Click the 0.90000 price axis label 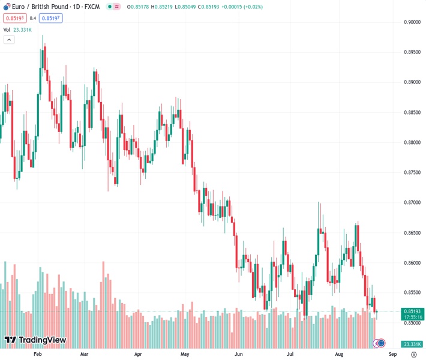[x=411, y=22]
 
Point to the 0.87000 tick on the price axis [x=411, y=202]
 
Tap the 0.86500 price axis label [x=411, y=232]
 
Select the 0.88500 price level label [x=411, y=112]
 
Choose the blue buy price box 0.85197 [x=51, y=18]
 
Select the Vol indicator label [x=7, y=29]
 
